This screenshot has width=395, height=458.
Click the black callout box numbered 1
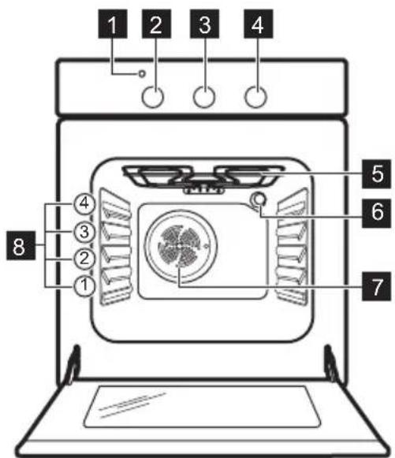point(113,24)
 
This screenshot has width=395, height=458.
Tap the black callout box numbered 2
point(156,24)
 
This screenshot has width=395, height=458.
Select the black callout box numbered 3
point(204,24)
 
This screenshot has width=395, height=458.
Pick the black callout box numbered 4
point(259,24)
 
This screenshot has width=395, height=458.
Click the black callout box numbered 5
point(376,173)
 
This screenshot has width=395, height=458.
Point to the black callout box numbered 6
point(376,213)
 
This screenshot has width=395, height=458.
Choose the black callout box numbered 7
point(376,286)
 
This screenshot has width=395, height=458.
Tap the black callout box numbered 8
point(21,245)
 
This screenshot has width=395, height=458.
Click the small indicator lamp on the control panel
point(142,74)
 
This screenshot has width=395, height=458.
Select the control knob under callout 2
point(152,97)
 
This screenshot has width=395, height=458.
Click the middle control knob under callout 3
point(204,97)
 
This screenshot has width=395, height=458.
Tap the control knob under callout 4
point(255,97)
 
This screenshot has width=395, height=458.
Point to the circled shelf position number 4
point(84,203)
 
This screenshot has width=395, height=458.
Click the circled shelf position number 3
point(84,233)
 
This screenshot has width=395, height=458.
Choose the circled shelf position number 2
point(84,259)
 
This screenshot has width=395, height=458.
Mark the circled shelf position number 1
point(84,285)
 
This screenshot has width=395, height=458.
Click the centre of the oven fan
point(181,247)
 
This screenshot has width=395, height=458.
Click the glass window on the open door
point(202,407)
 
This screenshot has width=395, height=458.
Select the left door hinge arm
point(73,365)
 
